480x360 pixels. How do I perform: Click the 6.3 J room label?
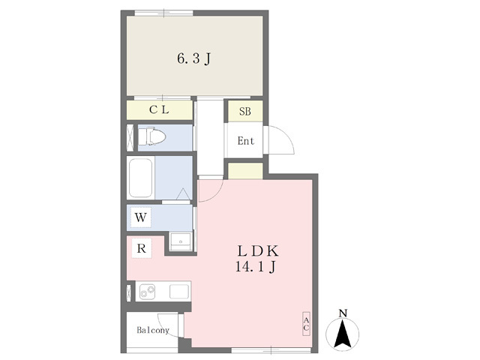click(x=194, y=58)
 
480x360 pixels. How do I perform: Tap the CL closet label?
click(x=159, y=109)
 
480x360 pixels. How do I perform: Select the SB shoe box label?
click(x=245, y=112)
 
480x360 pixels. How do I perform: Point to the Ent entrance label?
click(x=246, y=141)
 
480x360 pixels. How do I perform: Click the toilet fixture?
click(x=151, y=136)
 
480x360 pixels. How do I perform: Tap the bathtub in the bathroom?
click(x=141, y=178)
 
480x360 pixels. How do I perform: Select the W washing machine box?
click(x=141, y=217)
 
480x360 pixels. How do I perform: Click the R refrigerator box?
click(x=142, y=248)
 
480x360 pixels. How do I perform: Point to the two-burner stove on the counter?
click(x=147, y=292)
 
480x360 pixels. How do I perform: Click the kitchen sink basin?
click(x=179, y=292)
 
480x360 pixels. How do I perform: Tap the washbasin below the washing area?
click(x=181, y=241)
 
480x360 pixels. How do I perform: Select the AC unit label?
click(x=306, y=324)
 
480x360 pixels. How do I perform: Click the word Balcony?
click(x=153, y=330)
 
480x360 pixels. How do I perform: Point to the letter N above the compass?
click(x=343, y=313)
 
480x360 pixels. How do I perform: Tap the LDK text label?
click(x=258, y=251)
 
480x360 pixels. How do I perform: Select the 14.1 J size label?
click(x=256, y=267)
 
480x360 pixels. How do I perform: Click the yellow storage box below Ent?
click(x=245, y=171)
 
